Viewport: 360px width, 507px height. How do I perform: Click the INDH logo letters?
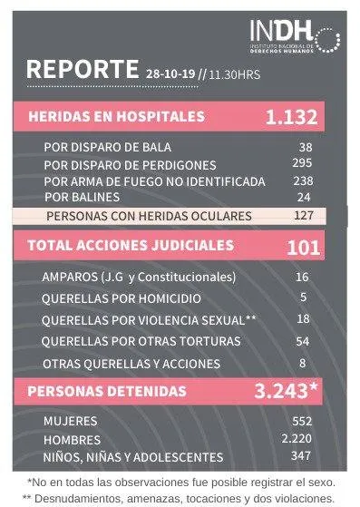coord(281,31)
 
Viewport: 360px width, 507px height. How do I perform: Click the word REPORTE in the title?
coord(83,69)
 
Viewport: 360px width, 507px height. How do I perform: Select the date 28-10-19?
coord(170,74)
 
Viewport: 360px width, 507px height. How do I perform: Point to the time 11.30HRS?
coord(235,74)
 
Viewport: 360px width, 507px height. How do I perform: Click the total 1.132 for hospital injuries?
coord(291,117)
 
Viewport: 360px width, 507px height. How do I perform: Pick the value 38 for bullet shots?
coord(306,148)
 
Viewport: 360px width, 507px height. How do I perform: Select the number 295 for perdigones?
coord(302,162)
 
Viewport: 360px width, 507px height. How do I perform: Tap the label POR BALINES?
coord(83,197)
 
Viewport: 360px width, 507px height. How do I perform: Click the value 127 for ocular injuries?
coord(304,215)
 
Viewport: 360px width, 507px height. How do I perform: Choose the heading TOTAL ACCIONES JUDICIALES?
coord(131,246)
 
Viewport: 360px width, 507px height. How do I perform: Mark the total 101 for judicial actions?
coord(303,248)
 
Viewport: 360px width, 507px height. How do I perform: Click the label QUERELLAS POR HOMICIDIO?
coord(122,298)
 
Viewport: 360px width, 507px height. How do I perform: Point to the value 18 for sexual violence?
coord(304,319)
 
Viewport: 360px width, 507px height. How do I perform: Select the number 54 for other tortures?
coord(303,341)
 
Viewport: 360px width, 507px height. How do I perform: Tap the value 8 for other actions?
coord(303,363)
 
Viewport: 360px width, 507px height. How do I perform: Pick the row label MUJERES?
coord(71,422)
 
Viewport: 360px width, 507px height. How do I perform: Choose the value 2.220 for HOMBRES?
coord(297,438)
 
